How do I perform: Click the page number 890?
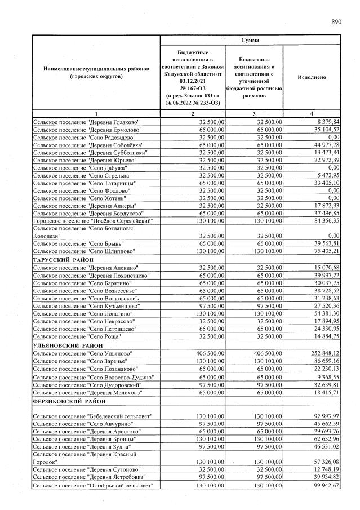[336, 22]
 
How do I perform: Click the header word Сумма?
[250, 41]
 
